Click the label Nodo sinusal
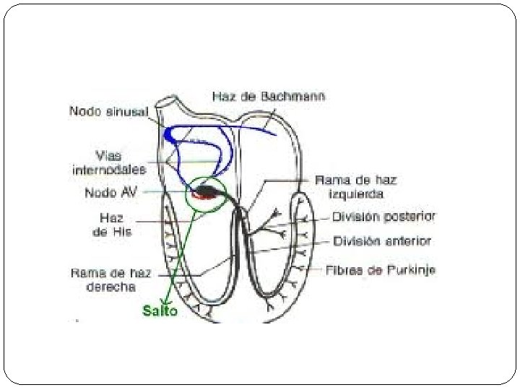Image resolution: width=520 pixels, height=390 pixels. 108,111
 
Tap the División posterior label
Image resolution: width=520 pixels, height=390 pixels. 383,216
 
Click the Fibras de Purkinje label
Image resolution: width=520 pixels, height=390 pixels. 381,270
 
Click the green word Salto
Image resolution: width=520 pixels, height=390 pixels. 160,311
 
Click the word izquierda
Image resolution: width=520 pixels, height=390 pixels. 355,194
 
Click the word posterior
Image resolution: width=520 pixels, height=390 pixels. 409,216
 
